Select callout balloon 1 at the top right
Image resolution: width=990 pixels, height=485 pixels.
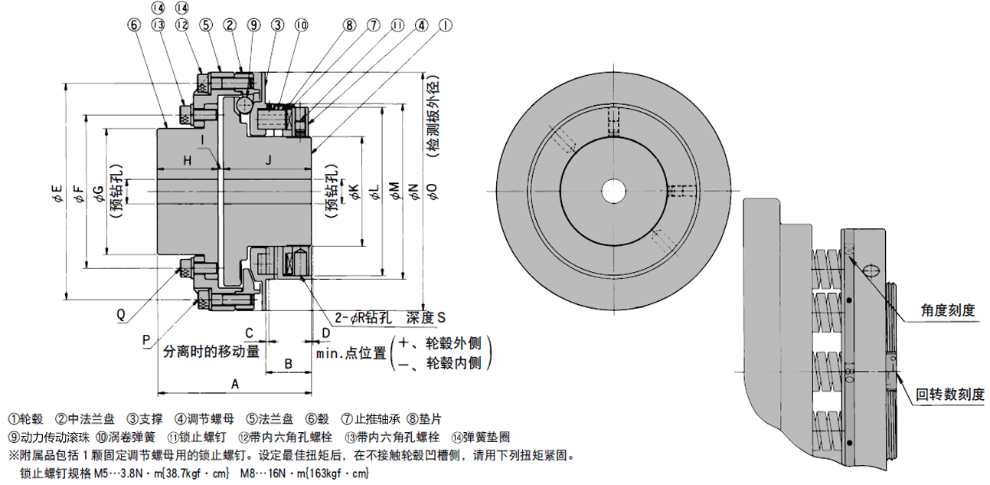click(445, 25)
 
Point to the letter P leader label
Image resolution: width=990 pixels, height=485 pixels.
click(145, 338)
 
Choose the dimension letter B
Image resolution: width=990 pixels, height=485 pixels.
click(289, 363)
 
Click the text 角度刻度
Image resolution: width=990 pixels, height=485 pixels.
click(947, 310)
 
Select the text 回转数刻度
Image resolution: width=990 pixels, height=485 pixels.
click(949, 395)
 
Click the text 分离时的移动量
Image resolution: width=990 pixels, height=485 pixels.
click(211, 352)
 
